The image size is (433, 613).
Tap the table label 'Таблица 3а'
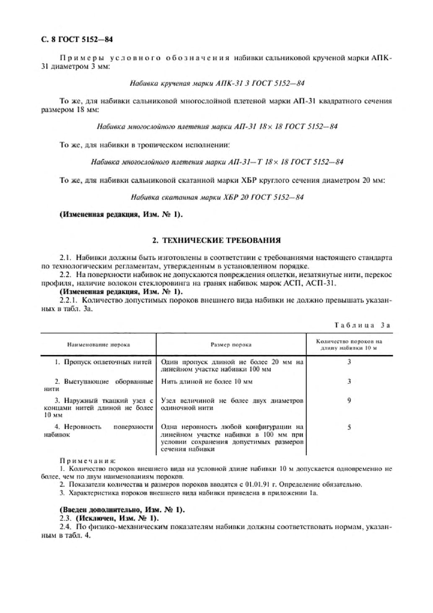point(363,325)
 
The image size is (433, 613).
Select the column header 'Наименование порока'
point(99,345)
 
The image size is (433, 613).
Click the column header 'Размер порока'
point(231,345)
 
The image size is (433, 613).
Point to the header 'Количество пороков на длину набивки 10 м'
point(349,345)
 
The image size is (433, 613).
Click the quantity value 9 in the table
point(349,401)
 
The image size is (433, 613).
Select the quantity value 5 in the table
point(349,428)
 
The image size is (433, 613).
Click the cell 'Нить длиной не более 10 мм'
point(207,382)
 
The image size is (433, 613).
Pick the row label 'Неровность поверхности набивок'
point(98,431)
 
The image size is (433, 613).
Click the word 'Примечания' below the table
point(88,461)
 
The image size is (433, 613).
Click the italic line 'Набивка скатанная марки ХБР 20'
point(217,197)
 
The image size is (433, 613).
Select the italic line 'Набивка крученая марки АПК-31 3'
point(217,83)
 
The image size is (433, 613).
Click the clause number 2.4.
point(65,527)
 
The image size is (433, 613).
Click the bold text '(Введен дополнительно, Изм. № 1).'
point(122,510)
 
